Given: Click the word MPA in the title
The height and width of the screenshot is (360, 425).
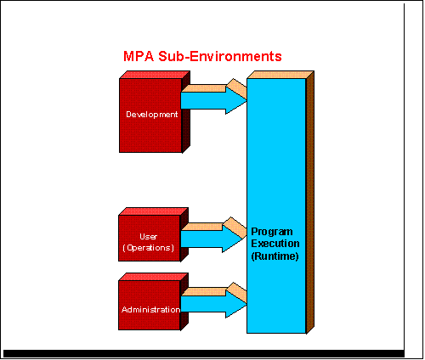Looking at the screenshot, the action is pyautogui.click(x=139, y=56).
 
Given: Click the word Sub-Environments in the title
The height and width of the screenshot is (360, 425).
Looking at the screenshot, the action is pyautogui.click(x=220, y=56).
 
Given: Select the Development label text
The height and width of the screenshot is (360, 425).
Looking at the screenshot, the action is pyautogui.click(x=152, y=115).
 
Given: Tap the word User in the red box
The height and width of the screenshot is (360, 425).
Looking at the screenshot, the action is pyautogui.click(x=149, y=236).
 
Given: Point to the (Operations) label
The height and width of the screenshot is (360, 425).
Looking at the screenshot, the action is pyautogui.click(x=149, y=248).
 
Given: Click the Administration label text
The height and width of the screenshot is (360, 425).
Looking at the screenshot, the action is pyautogui.click(x=150, y=310).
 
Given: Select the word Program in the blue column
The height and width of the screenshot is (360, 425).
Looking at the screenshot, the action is pyautogui.click(x=272, y=232).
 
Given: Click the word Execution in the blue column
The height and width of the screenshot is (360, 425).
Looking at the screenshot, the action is pyautogui.click(x=275, y=244).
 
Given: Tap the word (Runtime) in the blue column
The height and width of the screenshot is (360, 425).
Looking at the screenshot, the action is pyautogui.click(x=275, y=256).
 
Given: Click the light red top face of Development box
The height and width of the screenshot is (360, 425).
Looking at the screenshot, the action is pyautogui.click(x=155, y=75).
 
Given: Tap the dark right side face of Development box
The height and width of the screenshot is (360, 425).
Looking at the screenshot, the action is pyautogui.click(x=186, y=112).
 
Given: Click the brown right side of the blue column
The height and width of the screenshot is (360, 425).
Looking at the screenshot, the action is pyautogui.click(x=310, y=202).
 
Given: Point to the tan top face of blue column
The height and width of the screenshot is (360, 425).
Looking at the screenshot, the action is pyautogui.click(x=280, y=75).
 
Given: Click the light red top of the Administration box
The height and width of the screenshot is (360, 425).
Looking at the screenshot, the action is pyautogui.click(x=154, y=277).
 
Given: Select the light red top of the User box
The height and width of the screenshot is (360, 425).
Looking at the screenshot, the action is pyautogui.click(x=154, y=211).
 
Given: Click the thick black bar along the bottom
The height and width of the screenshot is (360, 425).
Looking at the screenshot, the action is pyautogui.click(x=204, y=353).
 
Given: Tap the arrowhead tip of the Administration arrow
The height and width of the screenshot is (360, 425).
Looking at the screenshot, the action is pyautogui.click(x=246, y=304).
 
